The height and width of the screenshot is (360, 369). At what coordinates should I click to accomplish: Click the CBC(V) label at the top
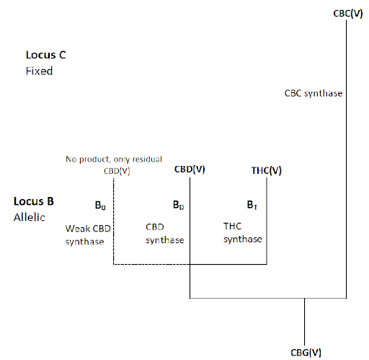point(348,14)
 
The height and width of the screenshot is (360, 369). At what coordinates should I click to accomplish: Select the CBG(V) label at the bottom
point(306,353)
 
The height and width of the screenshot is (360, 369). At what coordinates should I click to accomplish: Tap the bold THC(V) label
point(267,170)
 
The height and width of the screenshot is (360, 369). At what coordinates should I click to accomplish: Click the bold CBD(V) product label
point(190,170)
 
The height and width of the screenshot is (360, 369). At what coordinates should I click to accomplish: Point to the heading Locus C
point(46,55)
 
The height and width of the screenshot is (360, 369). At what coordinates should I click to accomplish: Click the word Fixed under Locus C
point(39,71)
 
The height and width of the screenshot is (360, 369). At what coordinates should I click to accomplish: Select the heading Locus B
point(34,201)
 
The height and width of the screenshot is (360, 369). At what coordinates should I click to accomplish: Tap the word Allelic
point(30,217)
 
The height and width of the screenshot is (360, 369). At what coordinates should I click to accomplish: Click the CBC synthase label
point(314,93)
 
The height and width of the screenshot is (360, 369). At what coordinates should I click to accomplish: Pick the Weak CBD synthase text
point(88,235)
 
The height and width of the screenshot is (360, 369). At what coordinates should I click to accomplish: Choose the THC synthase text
point(243,233)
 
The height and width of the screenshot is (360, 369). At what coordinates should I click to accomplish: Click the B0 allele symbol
point(100,206)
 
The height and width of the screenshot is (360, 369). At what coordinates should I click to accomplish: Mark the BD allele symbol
point(179,205)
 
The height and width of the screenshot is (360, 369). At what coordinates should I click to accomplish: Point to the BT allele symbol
point(252,205)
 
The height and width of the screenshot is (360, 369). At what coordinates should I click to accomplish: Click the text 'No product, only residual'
point(114,159)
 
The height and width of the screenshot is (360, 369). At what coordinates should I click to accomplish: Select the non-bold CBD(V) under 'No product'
point(117,171)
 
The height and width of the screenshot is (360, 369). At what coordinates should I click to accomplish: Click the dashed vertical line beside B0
point(113,221)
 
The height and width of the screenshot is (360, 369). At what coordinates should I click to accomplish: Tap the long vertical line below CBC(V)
point(346,159)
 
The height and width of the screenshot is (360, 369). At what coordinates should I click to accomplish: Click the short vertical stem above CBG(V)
point(304,322)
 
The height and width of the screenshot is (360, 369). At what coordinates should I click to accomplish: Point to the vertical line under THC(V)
point(267,221)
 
